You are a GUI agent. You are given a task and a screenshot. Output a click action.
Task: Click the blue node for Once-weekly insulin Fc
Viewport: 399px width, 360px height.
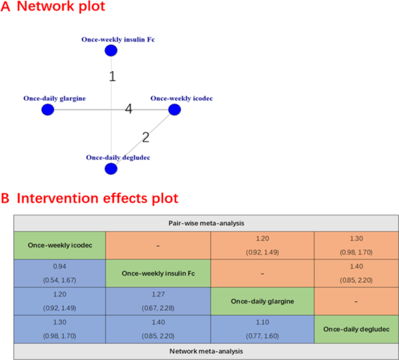point(111,51)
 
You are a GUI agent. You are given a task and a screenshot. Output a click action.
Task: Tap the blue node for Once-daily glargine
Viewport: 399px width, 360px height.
point(48,110)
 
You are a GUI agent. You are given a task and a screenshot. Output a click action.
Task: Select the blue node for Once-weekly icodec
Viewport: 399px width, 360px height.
point(174,110)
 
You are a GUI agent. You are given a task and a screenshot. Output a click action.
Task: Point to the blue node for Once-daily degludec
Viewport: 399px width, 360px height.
point(111,169)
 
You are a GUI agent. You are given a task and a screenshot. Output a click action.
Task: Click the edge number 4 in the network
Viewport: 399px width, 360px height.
point(128,109)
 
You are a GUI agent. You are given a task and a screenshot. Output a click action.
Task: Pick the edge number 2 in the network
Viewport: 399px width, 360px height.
point(146,137)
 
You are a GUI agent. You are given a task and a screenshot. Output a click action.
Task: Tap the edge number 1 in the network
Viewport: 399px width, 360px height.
point(112,76)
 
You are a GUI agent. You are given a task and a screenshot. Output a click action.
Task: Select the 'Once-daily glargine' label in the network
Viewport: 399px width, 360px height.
point(54,98)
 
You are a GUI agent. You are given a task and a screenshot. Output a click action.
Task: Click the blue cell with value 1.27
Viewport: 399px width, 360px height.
point(157,301)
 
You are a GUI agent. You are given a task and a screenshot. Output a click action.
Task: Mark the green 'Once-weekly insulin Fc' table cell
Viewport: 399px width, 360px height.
point(157,273)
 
